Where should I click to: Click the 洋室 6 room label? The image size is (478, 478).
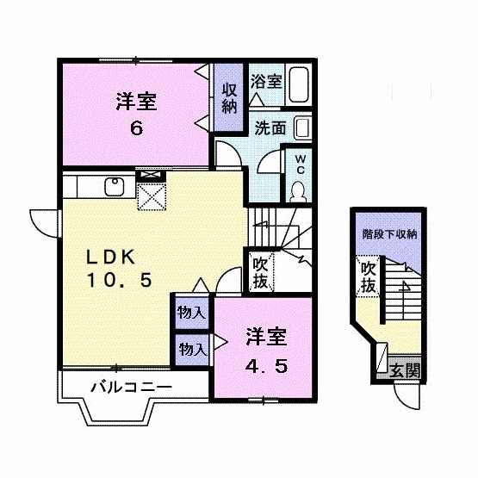pos(135,115)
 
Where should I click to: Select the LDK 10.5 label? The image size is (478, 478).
pos(119,268)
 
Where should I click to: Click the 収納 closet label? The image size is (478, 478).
pos(229,97)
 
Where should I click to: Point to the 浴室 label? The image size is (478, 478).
pos(266,83)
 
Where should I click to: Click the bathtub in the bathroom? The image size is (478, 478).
pos(299,84)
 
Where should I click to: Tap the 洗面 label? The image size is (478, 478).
pos(270,128)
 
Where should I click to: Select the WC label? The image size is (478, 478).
pos(301,164)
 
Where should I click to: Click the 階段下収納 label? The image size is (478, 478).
pos(388,233)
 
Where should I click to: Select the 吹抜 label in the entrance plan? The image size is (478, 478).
pos(369,277)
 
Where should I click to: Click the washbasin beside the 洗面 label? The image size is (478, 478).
pos(301,128)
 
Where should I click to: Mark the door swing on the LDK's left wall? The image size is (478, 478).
pos(43,220)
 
